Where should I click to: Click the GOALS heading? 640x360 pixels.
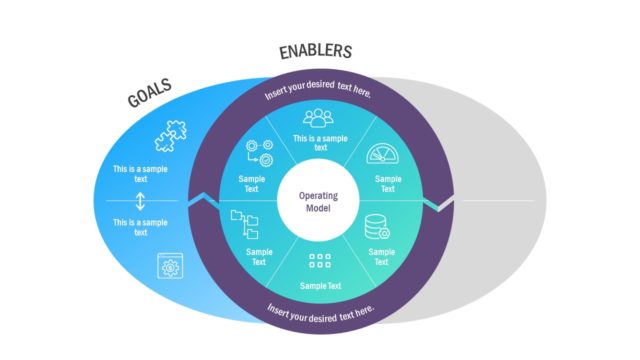pos(150,95)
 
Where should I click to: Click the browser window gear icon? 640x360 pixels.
pos(168,267)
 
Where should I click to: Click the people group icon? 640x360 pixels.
pos(319,118)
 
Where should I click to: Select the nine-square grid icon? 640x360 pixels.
pos(319,262)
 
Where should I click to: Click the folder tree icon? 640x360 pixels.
pos(243,221)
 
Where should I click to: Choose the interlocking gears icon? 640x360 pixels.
pos(258,157)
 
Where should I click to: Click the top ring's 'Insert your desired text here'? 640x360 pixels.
pos(318,93)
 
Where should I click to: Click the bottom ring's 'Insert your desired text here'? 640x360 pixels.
pos(320,310)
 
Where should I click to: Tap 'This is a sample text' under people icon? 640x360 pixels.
pos(319,142)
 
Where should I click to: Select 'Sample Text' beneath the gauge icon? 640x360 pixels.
pos(387,184)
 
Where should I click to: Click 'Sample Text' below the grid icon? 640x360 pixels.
pos(320,285)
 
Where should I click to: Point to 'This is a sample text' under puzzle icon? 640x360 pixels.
pos(140,175)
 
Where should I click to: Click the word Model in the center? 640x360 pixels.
pos(319,209)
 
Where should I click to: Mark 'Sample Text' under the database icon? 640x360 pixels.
pos(381,256)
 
